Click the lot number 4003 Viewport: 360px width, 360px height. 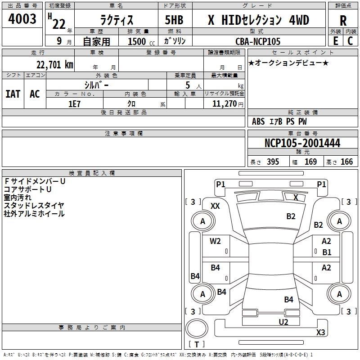click(22, 19)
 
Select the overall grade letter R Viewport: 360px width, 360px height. click(343, 20)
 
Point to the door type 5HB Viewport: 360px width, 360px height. click(174, 20)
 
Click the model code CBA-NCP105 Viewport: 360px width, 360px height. click(258, 41)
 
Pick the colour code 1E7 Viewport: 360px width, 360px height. click(74, 103)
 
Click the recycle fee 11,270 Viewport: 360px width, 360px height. click(225, 103)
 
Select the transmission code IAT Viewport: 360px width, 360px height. click(13, 94)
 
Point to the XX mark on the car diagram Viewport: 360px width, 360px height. click(215, 206)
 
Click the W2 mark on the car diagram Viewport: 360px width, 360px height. click(216, 241)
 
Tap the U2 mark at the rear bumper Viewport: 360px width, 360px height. click(283, 322)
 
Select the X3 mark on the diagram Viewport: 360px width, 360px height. click(320, 333)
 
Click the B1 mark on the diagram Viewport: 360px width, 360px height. click(327, 252)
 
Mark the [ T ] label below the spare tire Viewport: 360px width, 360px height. click(196, 344)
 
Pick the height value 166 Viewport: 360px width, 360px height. click(346, 162)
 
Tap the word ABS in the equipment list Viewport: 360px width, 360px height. click(258, 121)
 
